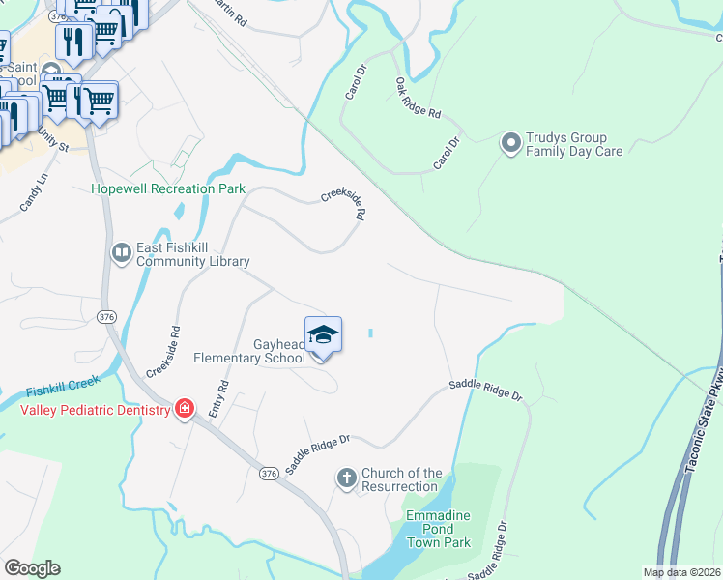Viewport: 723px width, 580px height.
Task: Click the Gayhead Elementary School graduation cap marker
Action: point(323,334)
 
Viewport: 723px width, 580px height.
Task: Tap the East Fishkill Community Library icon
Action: point(122,253)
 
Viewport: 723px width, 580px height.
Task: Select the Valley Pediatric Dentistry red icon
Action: point(184,410)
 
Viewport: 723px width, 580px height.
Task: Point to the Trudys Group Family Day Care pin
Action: point(510,144)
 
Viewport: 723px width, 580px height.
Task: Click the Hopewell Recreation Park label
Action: point(168,189)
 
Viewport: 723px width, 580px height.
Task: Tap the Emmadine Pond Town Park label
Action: point(438,529)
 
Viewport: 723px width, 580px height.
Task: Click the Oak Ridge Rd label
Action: point(418,100)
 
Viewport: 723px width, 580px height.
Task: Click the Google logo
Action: point(32,568)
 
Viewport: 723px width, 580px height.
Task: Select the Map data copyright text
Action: point(681,572)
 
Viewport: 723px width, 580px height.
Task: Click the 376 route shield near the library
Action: point(107,316)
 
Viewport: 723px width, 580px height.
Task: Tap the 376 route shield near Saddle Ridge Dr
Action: point(269,474)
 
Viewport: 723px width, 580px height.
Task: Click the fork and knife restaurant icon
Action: point(73,41)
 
